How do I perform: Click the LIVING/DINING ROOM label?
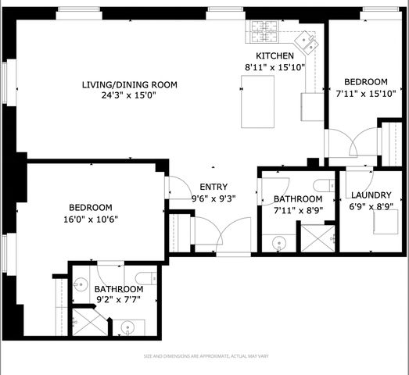(130, 84)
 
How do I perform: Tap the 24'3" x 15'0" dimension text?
(130, 96)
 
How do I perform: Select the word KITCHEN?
(275, 56)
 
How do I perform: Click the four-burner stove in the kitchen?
(263, 33)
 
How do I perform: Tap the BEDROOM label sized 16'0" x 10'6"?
(91, 207)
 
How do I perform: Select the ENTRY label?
(213, 187)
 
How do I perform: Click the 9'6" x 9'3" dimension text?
(213, 198)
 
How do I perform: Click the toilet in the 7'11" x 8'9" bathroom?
(322, 185)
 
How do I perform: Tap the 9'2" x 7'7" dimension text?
(119, 299)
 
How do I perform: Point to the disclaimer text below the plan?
(204, 356)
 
